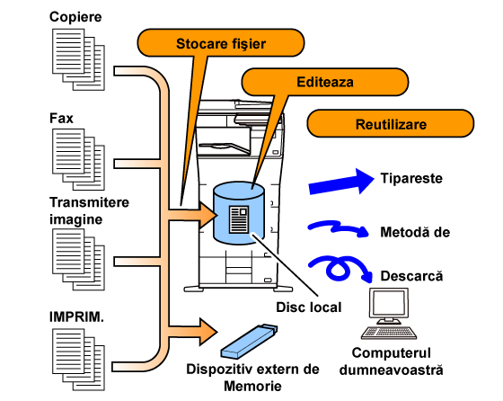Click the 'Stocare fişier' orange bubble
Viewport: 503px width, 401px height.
221,42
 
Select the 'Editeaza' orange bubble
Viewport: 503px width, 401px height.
324,82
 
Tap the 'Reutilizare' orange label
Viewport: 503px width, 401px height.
391,123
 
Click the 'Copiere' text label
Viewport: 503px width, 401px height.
75,17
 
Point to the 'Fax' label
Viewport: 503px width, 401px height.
61,118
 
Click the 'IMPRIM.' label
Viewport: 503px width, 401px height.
76,316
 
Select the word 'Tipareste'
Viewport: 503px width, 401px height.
411,178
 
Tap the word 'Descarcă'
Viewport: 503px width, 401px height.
411,276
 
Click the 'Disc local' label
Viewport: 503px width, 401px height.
309,307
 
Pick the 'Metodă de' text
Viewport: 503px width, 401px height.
415,232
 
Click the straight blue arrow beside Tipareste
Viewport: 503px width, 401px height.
341,182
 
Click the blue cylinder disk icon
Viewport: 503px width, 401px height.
239,213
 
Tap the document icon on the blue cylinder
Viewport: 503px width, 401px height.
239,219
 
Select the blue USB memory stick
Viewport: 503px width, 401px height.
250,342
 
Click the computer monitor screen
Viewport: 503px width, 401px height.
389,303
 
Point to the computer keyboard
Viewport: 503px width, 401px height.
389,333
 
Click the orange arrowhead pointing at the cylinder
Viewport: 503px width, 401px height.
208,215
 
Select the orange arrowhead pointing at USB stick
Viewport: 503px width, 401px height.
208,332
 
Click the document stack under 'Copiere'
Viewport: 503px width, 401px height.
79,59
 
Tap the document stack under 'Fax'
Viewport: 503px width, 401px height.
79,159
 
